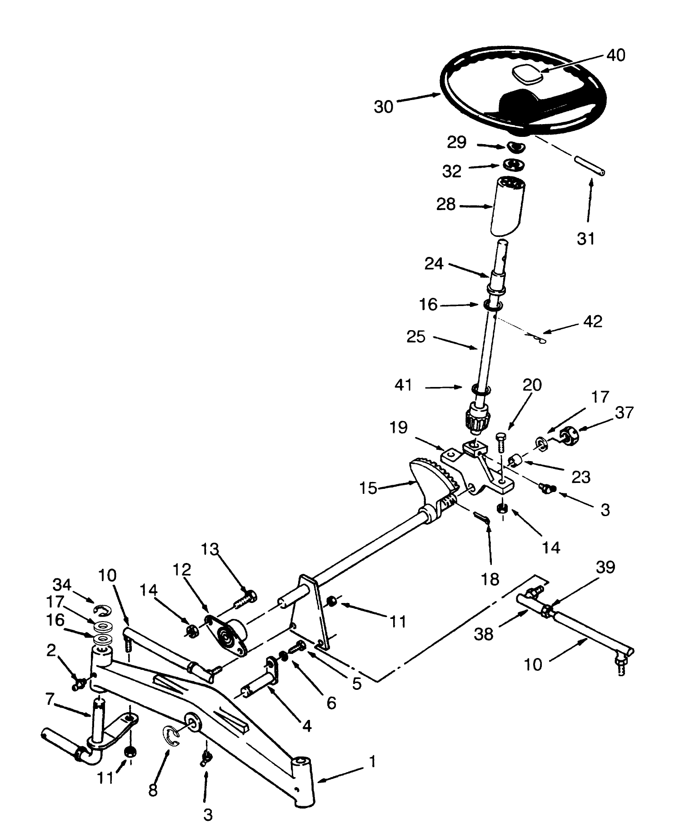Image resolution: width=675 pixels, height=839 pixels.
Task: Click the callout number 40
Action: (x=615, y=55)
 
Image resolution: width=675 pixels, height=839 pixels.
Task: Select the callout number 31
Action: (x=585, y=238)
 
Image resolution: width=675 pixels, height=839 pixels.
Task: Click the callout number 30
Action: (x=383, y=107)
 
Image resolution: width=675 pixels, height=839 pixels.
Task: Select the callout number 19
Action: (x=398, y=428)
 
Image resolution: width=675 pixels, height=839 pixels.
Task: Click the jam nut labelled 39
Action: (x=548, y=610)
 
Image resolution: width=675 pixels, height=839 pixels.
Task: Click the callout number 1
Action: (x=372, y=762)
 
